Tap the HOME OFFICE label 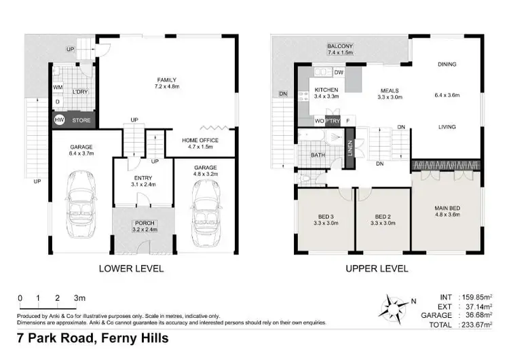(199, 141)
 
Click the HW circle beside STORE (60, 120)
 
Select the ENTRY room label (142, 178)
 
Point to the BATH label (318, 156)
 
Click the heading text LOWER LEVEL (132, 268)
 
